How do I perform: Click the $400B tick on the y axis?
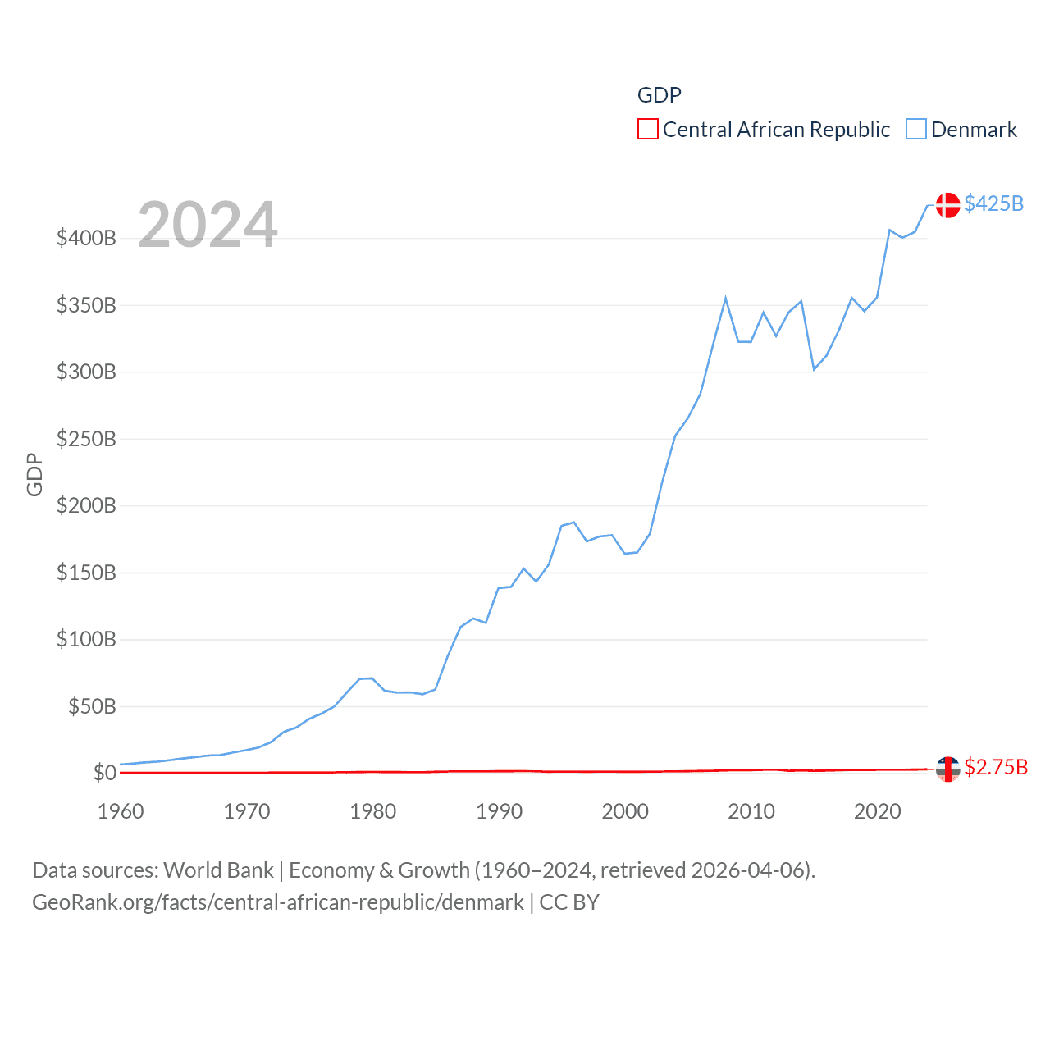pyautogui.click(x=86, y=239)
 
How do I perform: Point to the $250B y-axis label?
pyautogui.click(x=86, y=439)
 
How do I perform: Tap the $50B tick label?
pyautogui.click(x=92, y=706)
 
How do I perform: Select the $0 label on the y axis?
pyautogui.click(x=104, y=773)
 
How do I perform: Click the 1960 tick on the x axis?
pyautogui.click(x=121, y=811)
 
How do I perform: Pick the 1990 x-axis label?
pyautogui.click(x=499, y=811)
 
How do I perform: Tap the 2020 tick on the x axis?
pyautogui.click(x=877, y=811)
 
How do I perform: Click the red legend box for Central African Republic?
pyautogui.click(x=648, y=130)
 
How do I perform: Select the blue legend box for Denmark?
pyautogui.click(x=916, y=130)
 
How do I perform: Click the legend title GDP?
pyautogui.click(x=660, y=95)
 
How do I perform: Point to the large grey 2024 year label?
pyautogui.click(x=208, y=225)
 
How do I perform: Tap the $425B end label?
pyautogui.click(x=993, y=203)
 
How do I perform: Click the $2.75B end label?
pyautogui.click(x=996, y=767)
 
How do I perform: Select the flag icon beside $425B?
pyautogui.click(x=947, y=205)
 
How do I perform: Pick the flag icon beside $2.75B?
pyautogui.click(x=947, y=769)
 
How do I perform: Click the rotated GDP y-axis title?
pyautogui.click(x=34, y=474)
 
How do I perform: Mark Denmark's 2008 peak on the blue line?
pyautogui.click(x=726, y=299)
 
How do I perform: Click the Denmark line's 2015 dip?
pyautogui.click(x=814, y=369)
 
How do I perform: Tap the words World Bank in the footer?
pyautogui.click(x=219, y=870)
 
